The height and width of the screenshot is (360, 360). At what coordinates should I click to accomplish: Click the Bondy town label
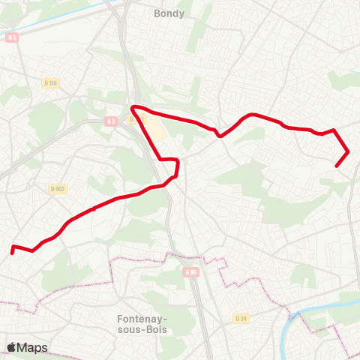(169, 13)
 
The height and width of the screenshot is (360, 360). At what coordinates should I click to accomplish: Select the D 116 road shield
(51, 82)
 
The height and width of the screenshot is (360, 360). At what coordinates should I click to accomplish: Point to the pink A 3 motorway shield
(111, 121)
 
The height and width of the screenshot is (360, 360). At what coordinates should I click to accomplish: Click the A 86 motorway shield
(189, 273)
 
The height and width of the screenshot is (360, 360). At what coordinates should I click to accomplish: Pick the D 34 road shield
(241, 318)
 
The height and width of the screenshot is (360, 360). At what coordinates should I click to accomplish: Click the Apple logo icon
(11, 347)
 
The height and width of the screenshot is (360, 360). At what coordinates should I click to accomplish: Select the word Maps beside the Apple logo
(32, 347)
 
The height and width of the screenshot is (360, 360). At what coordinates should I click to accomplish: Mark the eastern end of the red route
(337, 165)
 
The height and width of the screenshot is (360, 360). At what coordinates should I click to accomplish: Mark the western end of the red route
(12, 253)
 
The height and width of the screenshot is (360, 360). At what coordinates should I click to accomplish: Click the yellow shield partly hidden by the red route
(132, 118)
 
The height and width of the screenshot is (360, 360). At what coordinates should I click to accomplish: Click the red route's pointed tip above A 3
(133, 109)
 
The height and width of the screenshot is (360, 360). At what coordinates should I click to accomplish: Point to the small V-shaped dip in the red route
(219, 136)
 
